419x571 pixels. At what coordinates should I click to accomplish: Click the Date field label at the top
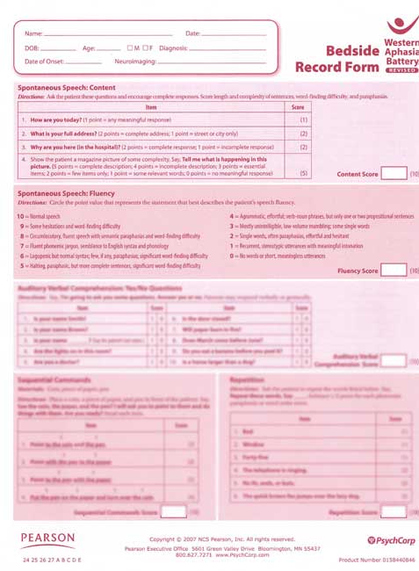(x=192, y=33)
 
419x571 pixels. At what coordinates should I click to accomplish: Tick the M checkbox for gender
(x=130, y=47)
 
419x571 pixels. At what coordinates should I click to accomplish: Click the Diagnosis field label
(x=173, y=47)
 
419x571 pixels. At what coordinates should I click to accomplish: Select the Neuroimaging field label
(x=136, y=62)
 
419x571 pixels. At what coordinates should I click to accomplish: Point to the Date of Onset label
(x=45, y=62)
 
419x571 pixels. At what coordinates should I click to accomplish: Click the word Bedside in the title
(x=351, y=50)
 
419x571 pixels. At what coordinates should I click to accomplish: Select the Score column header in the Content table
(x=297, y=106)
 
